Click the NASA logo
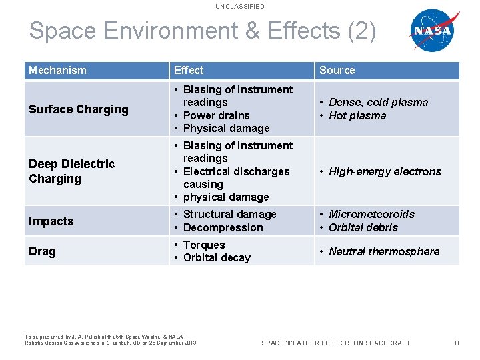coord(432,31)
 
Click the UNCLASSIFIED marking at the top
coord(240,7)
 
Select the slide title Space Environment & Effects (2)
coord(203,31)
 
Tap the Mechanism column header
coord(57,70)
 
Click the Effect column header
coord(189,70)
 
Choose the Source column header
coord(337,70)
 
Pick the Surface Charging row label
coord(79,109)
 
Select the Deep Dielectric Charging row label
coord(72,171)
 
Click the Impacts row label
coord(51,221)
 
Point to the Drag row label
coord(43,251)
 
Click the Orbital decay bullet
coord(217,258)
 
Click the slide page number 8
coord(457,343)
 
